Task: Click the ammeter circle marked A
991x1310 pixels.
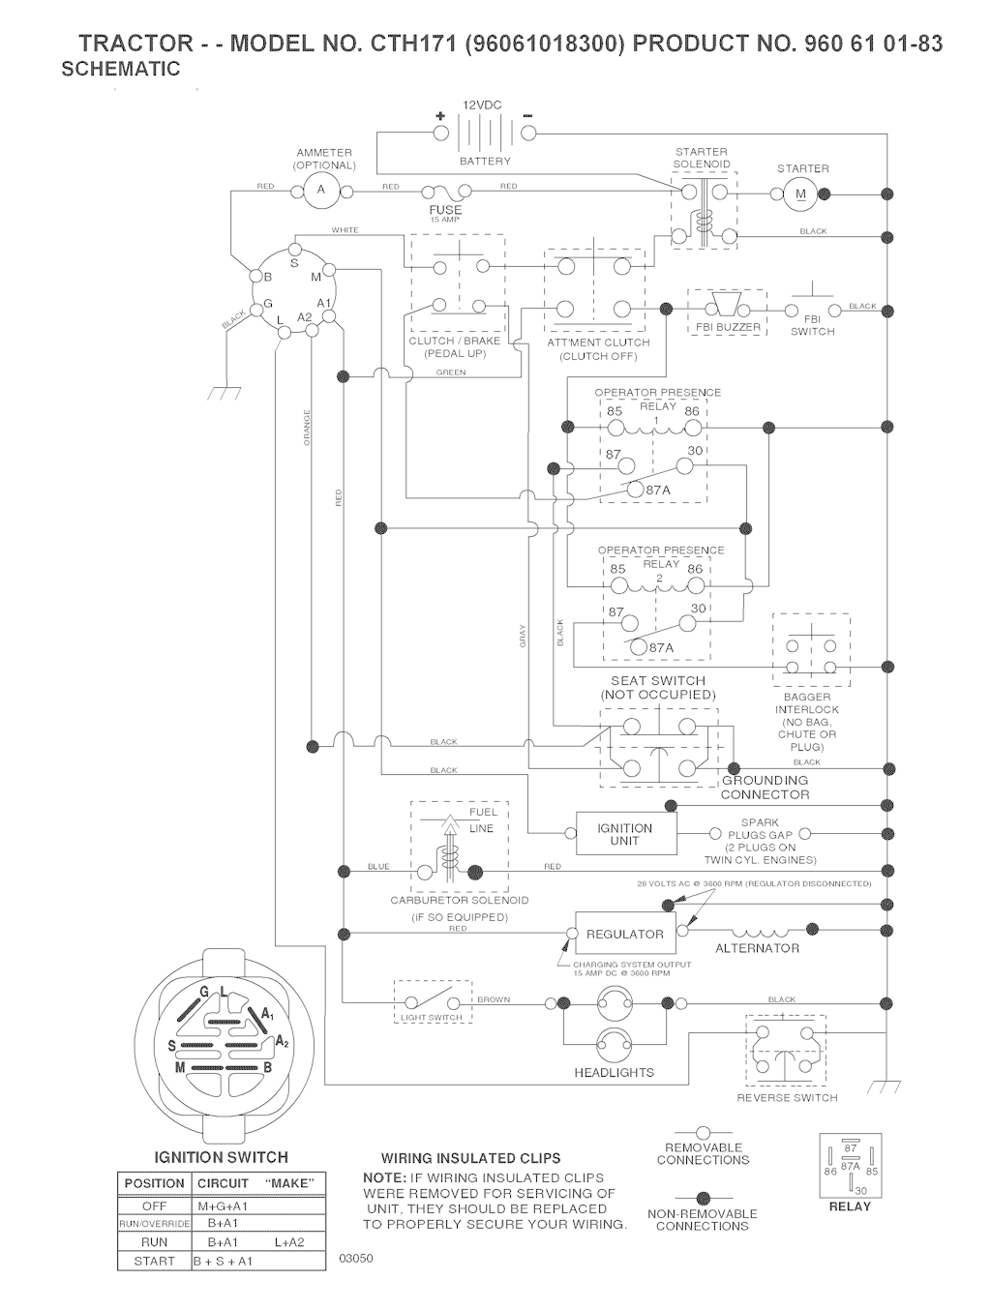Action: tap(321, 191)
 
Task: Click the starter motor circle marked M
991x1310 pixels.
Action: tap(800, 194)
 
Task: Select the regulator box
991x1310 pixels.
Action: tap(624, 934)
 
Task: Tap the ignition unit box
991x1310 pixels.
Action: tap(624, 834)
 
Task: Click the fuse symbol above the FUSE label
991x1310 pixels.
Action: tap(445, 193)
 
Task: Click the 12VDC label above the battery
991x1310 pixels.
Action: tap(482, 104)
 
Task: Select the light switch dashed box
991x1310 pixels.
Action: tap(433, 1002)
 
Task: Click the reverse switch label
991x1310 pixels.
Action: tap(787, 1098)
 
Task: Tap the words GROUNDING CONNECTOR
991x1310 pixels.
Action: tap(765, 788)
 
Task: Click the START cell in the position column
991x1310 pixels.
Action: tap(154, 1261)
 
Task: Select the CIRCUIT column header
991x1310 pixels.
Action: tap(224, 1183)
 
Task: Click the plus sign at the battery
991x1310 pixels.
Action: tap(440, 116)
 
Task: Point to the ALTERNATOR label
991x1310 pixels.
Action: tap(757, 948)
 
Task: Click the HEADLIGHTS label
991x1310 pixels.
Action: tap(615, 1073)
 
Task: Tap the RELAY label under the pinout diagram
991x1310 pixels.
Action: tap(850, 1206)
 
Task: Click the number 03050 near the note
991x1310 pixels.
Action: tap(356, 1258)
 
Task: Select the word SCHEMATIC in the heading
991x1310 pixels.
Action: tap(120, 69)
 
